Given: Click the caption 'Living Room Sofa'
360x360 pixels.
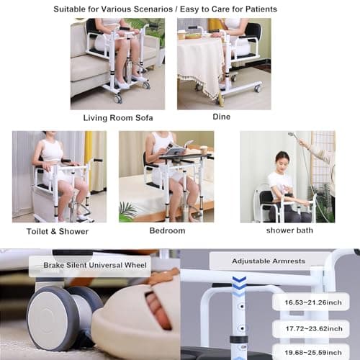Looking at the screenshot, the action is (x=118, y=118).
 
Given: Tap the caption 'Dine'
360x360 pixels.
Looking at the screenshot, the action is (x=222, y=117).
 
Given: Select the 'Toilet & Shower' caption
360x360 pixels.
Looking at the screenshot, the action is (x=58, y=231).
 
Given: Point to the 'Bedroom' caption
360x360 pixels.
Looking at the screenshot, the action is (x=167, y=230).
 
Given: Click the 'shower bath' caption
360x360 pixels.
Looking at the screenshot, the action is (x=289, y=230).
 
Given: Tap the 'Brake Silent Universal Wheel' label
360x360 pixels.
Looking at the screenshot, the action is (x=95, y=265).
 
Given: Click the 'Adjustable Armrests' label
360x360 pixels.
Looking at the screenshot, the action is (x=269, y=261).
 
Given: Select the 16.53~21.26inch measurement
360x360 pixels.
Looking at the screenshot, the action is (x=313, y=302).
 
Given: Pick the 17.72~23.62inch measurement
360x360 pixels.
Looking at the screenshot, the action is (x=314, y=328).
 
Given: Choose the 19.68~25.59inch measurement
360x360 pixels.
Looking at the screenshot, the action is (x=313, y=353).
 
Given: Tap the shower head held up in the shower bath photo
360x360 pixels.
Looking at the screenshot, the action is (x=292, y=135).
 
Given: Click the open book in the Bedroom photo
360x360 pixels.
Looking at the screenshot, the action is (x=178, y=148).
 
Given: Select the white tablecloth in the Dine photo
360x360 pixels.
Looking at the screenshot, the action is (x=201, y=64).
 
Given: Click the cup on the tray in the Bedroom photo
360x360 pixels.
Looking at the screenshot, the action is (x=203, y=150).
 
